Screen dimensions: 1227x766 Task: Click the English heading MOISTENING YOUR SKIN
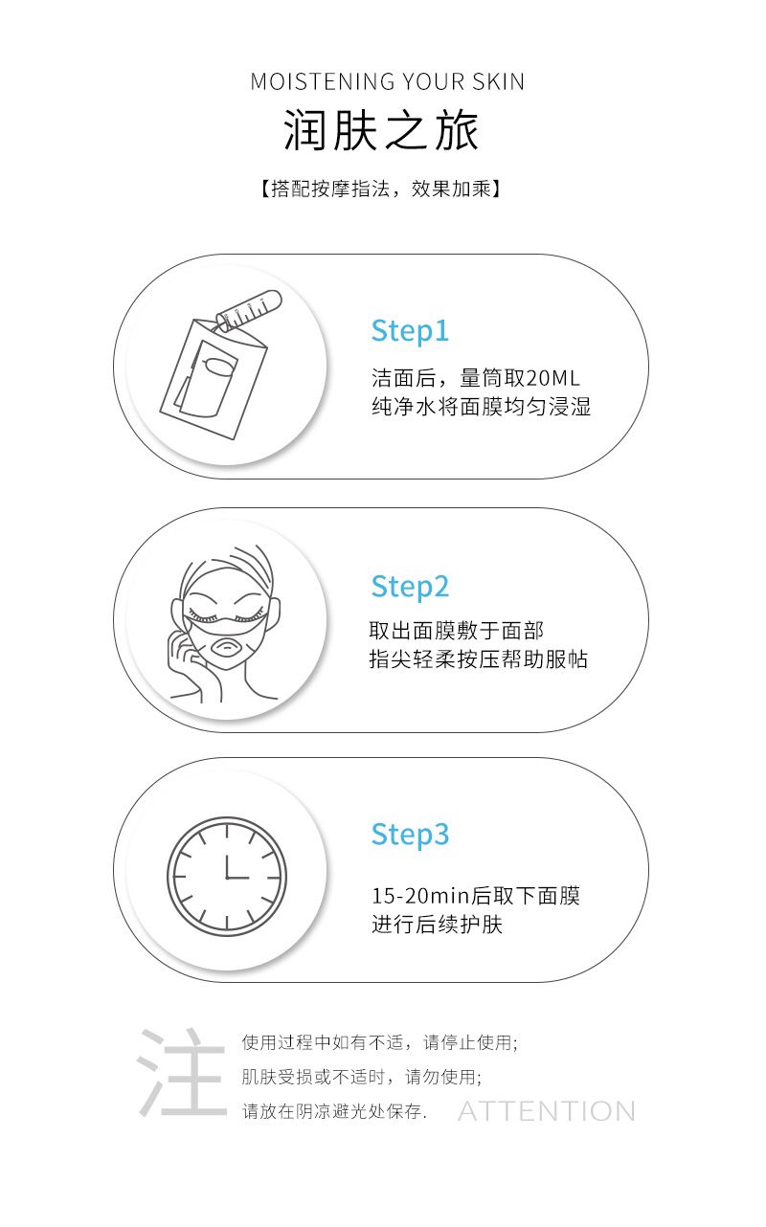(x=387, y=81)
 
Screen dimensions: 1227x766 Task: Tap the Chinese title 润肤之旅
(x=381, y=132)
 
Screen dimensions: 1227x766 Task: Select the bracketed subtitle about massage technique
(x=380, y=189)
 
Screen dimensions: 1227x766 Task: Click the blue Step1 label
(x=410, y=331)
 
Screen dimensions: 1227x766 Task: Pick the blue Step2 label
(x=410, y=586)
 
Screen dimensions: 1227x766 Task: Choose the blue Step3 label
(x=410, y=834)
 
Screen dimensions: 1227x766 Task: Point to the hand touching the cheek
(x=184, y=660)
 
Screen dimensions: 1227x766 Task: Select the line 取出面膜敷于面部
(x=457, y=631)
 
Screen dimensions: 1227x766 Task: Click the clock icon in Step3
(x=227, y=877)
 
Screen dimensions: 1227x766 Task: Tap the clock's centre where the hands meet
(x=227, y=877)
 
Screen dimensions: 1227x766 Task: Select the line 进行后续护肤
(x=437, y=925)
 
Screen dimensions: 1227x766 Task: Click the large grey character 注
(x=181, y=1073)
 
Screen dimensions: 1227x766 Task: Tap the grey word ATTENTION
(x=546, y=1111)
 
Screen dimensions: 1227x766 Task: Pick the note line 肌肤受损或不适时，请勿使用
(x=361, y=1077)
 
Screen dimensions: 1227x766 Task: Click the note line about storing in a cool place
(x=334, y=1111)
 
